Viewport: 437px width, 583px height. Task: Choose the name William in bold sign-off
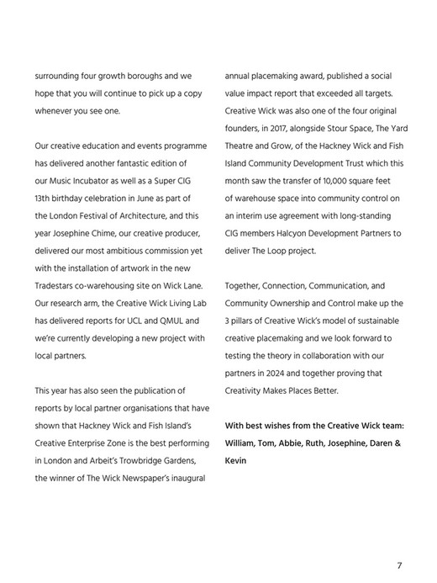click(243, 443)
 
